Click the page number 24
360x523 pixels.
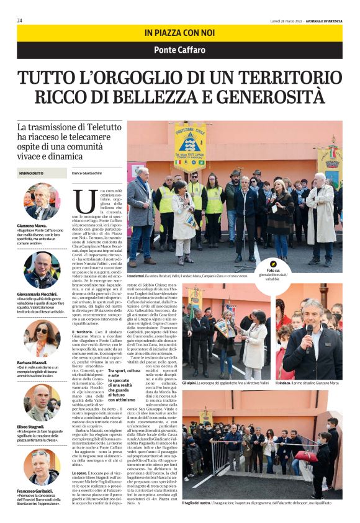20,20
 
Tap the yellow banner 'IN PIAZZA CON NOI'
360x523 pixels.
179,32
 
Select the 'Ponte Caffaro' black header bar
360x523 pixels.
179,50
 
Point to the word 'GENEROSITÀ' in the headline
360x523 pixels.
267,97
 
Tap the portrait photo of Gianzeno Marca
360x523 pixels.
42,202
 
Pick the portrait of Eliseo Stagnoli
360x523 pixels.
42,403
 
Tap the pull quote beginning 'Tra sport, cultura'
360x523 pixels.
128,388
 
